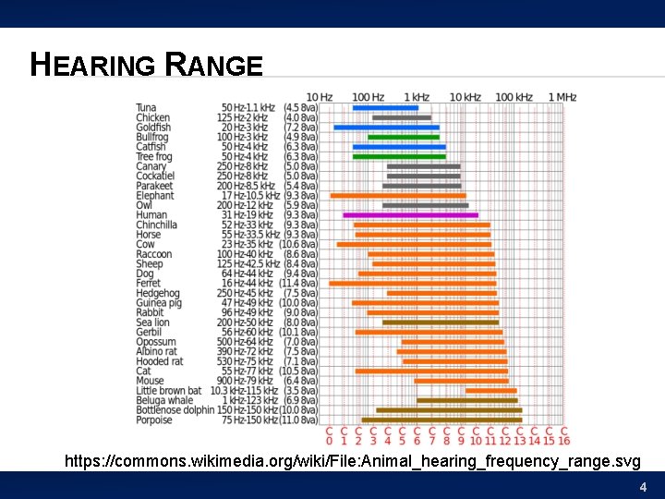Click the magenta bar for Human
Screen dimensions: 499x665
tap(411, 215)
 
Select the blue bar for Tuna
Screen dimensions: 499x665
tap(385, 108)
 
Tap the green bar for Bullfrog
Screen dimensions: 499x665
tap(404, 137)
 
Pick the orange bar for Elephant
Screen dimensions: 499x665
tap(398, 196)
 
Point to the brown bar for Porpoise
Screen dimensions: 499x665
tap(441, 420)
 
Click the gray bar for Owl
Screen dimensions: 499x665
tap(425, 205)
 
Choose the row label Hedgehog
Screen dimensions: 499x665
tap(157, 293)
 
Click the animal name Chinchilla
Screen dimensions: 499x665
tap(156, 225)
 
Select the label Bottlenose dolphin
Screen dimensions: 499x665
tap(175, 410)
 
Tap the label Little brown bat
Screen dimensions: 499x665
tap(168, 391)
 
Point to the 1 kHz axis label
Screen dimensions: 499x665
tap(417, 97)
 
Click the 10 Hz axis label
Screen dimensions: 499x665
tap(320, 97)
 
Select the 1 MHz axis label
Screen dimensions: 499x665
tap(562, 97)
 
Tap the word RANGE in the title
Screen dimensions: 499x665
tap(214, 66)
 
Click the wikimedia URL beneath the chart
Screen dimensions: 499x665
tap(351, 460)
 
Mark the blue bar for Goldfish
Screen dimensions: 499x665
tap(386, 128)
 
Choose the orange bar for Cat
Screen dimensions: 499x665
tap(431, 371)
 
